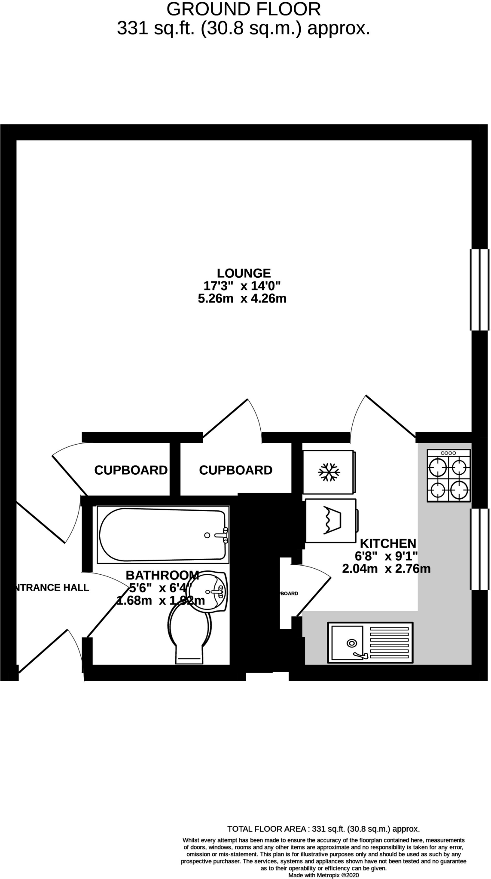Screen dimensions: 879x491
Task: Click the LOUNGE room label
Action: (244, 273)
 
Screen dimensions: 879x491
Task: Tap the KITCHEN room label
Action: (387, 544)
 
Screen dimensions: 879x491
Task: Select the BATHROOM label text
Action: (162, 575)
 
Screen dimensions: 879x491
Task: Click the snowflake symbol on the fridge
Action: (329, 472)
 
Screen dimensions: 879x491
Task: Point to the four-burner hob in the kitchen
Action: (448, 475)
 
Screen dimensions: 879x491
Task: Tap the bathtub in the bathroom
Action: (163, 535)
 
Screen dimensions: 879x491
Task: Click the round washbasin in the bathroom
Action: (208, 591)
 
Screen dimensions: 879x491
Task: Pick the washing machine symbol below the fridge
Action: (330, 520)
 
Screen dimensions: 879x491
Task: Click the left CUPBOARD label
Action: (131, 470)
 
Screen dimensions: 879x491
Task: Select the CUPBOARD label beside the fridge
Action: (235, 470)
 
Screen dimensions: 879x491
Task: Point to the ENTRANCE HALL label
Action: (52, 588)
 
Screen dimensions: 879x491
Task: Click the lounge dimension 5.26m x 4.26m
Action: (242, 299)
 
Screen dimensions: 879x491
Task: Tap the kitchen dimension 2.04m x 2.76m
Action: (386, 569)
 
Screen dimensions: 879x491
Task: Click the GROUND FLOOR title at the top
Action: (244, 9)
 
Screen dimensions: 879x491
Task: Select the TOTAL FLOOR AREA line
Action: (323, 829)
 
